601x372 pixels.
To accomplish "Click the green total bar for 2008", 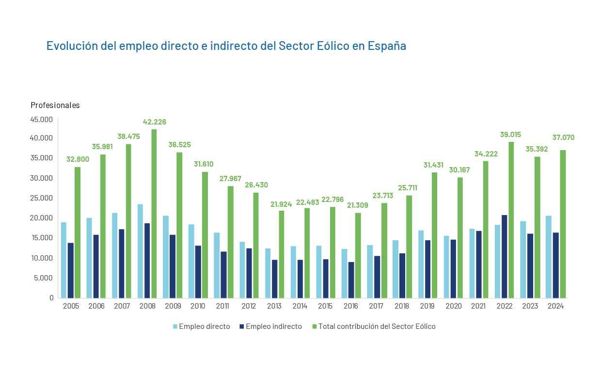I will point(154,213).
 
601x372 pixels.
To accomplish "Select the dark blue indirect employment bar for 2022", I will point(504,256).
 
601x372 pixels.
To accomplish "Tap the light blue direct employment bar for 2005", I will point(63,260).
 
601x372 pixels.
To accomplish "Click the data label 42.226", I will point(154,122).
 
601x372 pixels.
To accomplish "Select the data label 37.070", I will point(563,138).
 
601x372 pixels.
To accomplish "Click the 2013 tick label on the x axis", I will point(274,306).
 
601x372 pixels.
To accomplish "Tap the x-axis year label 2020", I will point(453,306).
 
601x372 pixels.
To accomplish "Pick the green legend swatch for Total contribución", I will point(314,326).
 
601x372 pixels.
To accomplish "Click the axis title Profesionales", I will point(55,105).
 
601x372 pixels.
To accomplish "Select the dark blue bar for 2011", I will point(223,274).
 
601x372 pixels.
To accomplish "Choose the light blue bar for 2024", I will point(548,257).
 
